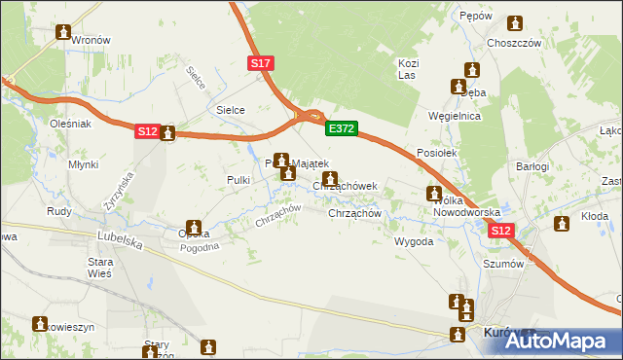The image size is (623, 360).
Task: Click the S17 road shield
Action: click(x=260, y=63)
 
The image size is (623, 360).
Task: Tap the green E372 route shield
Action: click(x=342, y=127)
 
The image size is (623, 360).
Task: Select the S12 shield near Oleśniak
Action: click(x=146, y=131)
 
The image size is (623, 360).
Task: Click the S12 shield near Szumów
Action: click(x=500, y=231)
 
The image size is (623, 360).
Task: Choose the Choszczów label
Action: click(x=514, y=44)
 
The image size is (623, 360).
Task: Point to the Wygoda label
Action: click(x=413, y=241)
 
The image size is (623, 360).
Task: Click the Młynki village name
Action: click(x=83, y=164)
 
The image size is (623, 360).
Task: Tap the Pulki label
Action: click(x=239, y=180)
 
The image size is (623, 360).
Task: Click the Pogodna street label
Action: click(x=200, y=247)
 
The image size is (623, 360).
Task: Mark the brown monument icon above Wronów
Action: click(x=64, y=32)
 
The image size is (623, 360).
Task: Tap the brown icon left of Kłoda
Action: click(x=561, y=225)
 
